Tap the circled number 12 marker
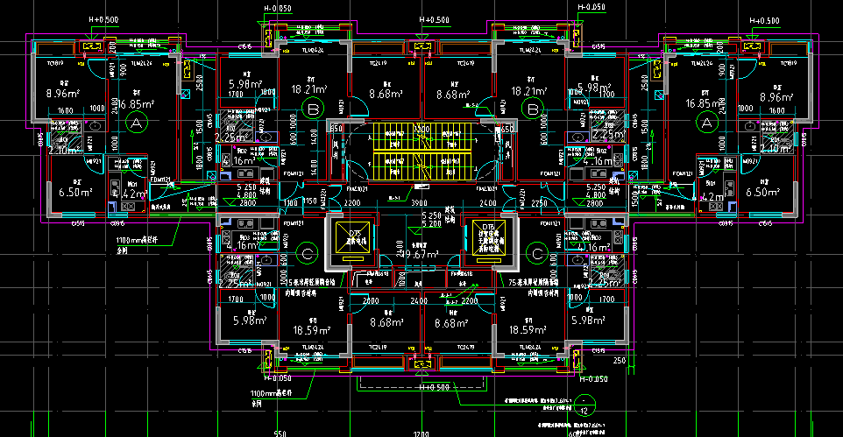tap(584, 409)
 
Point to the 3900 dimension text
tap(419, 203)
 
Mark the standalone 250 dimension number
tap(619, 361)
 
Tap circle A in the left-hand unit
tap(135, 124)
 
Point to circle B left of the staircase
tap(311, 109)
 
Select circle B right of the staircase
tap(530, 109)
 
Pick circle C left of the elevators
tap(306, 255)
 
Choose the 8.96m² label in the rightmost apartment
tap(776, 96)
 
